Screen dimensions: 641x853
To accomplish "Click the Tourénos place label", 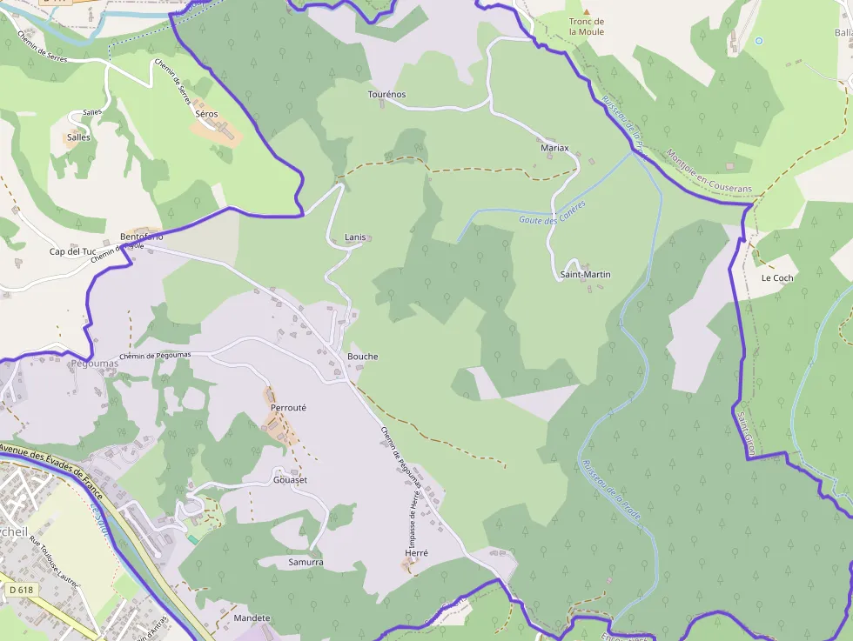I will click(386, 95).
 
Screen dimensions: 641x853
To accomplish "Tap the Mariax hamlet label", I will click(554, 148).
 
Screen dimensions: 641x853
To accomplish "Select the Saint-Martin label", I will click(585, 275).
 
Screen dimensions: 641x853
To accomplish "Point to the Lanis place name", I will click(355, 237).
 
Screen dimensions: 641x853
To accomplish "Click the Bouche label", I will click(363, 357).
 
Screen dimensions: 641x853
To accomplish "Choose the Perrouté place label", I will click(289, 408).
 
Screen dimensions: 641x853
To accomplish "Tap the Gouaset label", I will click(291, 480).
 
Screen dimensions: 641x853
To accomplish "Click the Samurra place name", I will click(306, 563).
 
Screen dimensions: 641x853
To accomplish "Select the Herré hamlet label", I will click(416, 553).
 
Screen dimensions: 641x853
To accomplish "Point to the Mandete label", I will click(252, 618).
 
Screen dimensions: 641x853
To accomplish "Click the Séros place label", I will click(206, 114).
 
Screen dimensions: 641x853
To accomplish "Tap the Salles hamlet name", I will click(78, 137).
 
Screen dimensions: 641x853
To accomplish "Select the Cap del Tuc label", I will click(72, 252).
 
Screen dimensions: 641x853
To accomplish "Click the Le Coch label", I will click(777, 278).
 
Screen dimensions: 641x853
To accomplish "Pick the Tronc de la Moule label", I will click(587, 27).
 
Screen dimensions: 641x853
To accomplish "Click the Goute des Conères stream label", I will click(552, 213).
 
